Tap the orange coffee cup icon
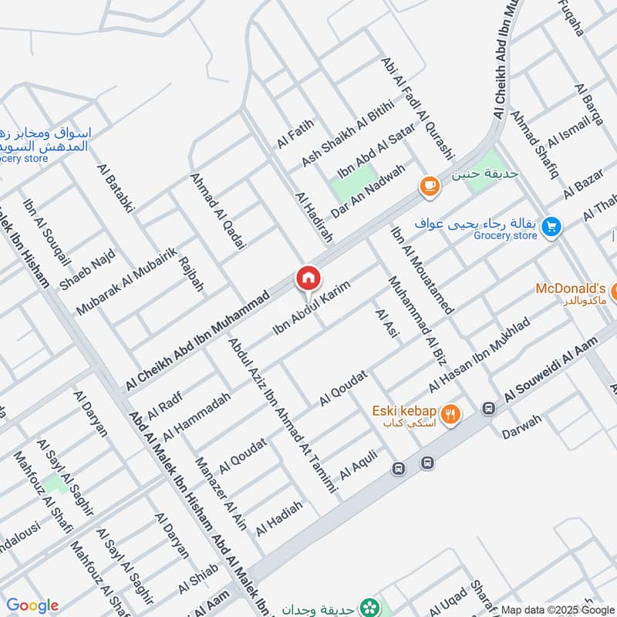coord(429,186)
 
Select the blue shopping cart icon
coord(551,226)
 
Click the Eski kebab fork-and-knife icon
coord(451,415)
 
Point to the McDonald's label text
coord(571,288)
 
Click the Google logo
coord(32,605)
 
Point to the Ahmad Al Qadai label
coord(218,210)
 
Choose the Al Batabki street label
coord(116,187)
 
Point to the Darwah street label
coord(521,427)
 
